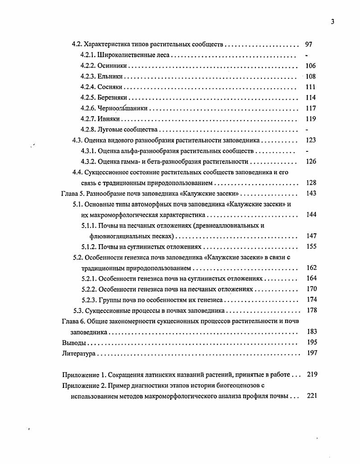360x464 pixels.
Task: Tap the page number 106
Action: (x=310, y=66)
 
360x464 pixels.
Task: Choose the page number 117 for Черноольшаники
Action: (x=310, y=108)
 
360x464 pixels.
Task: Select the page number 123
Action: (x=310, y=140)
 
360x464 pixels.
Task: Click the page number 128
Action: (x=310, y=183)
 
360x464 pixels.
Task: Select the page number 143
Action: (x=310, y=193)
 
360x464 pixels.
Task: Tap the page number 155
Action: (x=311, y=246)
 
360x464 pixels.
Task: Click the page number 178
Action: (x=311, y=310)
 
